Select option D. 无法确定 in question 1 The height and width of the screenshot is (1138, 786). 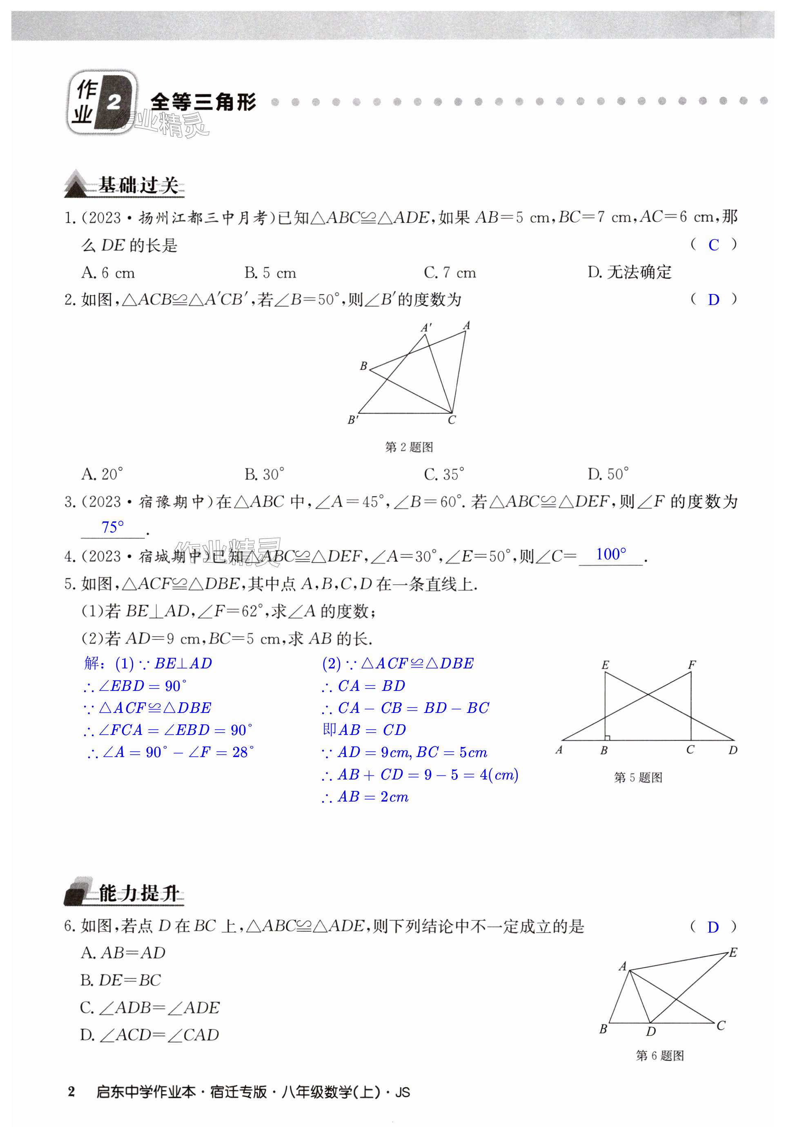point(629,272)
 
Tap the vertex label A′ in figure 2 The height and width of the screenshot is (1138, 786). point(426,327)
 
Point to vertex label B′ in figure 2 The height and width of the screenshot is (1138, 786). point(353,420)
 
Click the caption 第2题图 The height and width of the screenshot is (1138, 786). point(409,447)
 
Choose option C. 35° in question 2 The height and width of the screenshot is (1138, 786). point(444,474)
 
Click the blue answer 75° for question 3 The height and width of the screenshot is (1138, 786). point(112,528)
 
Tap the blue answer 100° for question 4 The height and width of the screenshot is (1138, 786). point(611,555)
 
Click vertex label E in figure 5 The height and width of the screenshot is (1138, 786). point(605,665)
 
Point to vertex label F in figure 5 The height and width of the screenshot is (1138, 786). point(691,665)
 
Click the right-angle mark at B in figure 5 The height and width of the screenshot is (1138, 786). point(608,737)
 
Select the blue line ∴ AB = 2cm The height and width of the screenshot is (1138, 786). point(365,797)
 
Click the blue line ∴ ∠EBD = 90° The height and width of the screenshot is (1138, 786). point(135,686)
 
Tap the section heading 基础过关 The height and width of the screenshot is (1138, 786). point(138,186)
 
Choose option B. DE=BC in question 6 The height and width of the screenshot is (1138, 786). point(121,980)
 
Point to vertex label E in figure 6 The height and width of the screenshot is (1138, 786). point(733,953)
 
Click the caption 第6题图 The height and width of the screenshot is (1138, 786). point(659,1055)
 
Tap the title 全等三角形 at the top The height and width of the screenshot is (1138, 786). point(203,102)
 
